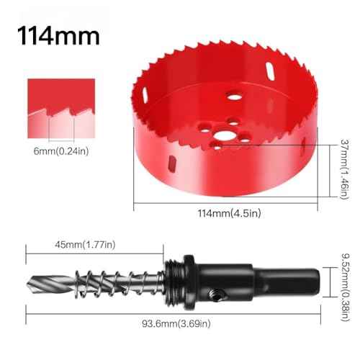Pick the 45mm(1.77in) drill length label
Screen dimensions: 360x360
point(84,245)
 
